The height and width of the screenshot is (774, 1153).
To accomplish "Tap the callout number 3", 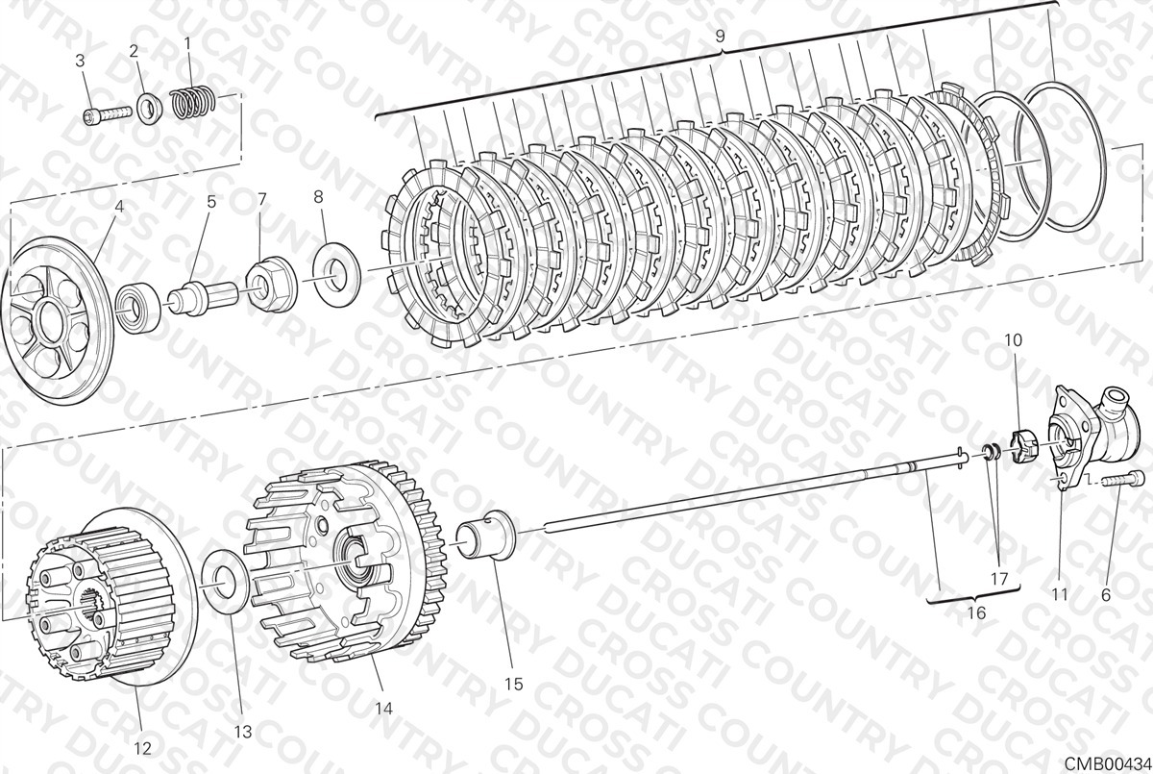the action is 80,61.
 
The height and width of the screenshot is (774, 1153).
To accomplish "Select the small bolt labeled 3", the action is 107,114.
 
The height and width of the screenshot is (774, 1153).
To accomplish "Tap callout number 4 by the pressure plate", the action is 119,207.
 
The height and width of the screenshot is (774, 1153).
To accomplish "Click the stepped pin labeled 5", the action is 203,298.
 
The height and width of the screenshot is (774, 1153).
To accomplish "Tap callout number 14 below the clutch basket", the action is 384,709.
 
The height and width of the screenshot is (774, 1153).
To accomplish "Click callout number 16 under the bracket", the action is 976,612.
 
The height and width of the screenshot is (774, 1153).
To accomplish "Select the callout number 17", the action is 999,578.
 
